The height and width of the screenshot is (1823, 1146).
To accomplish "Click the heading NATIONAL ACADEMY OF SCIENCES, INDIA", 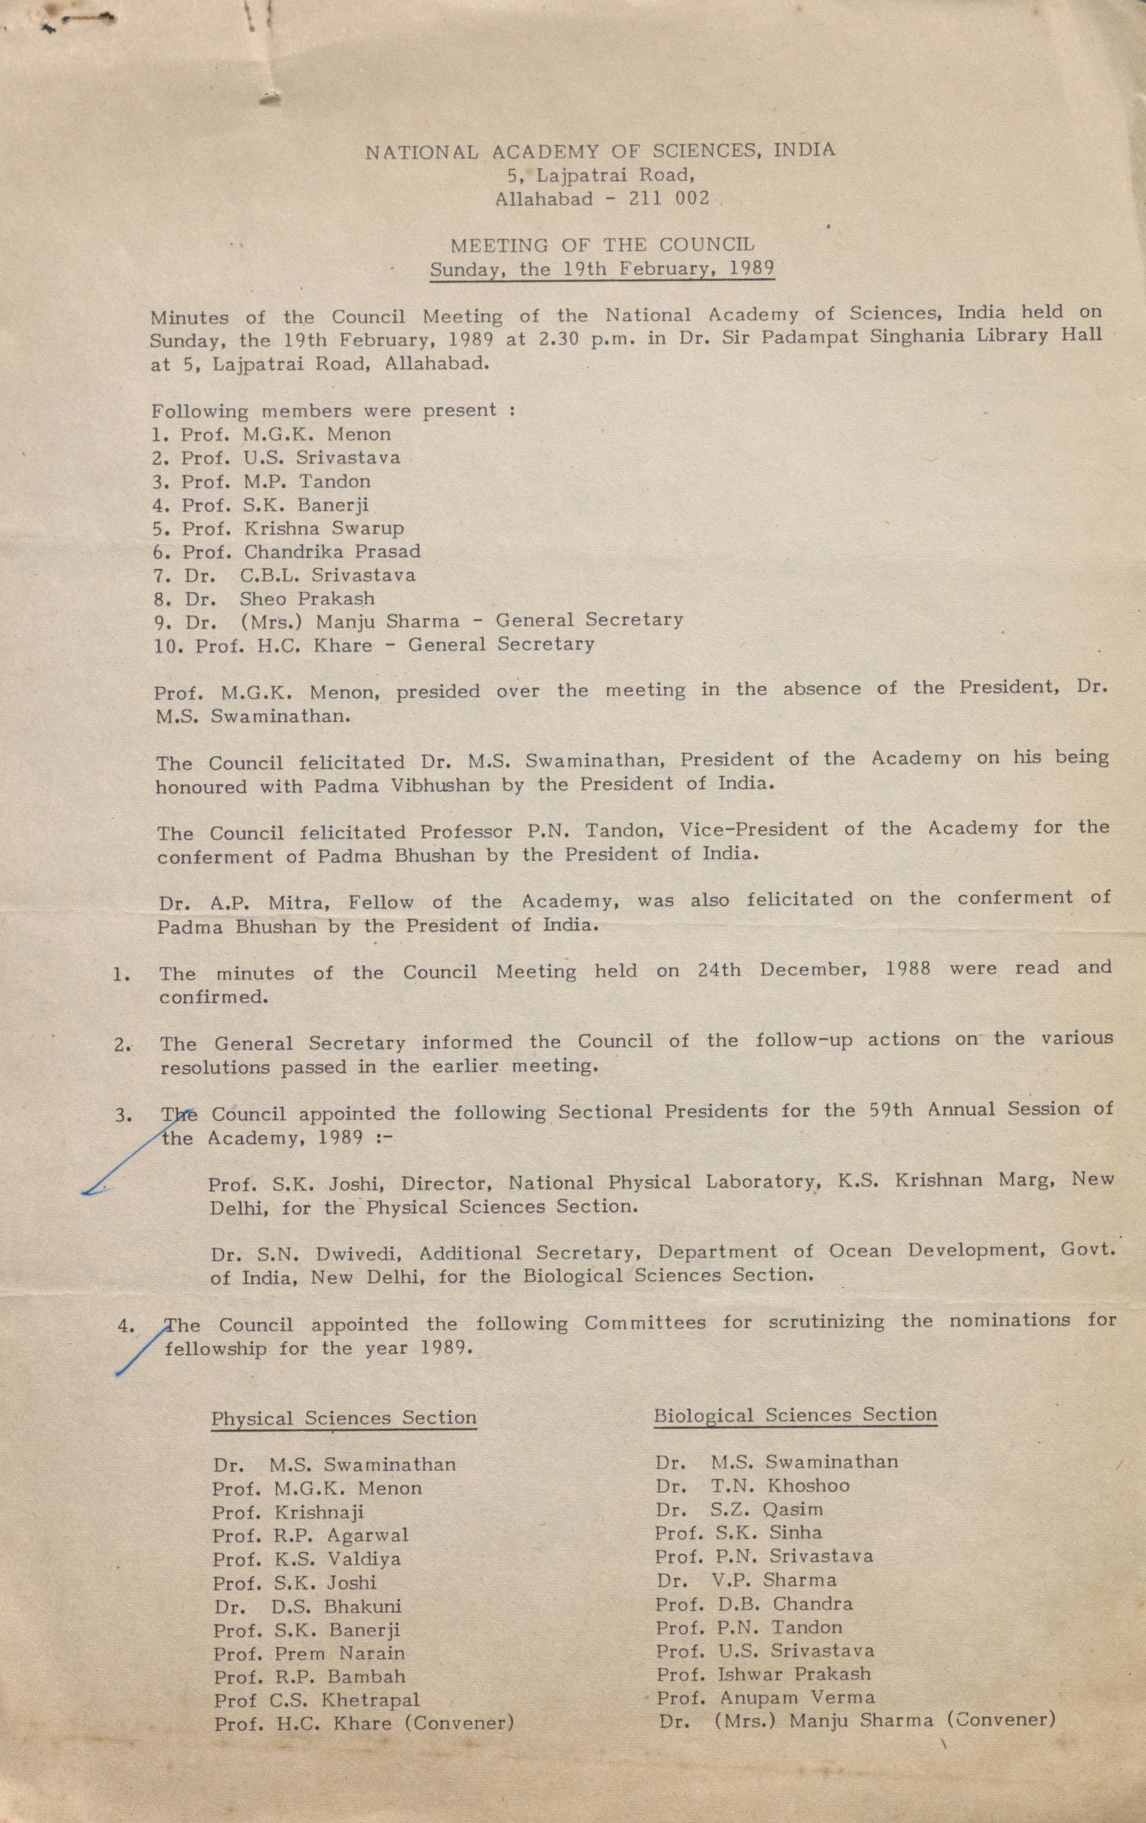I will (600, 151).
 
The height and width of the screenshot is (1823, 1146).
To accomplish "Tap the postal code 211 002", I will (668, 199).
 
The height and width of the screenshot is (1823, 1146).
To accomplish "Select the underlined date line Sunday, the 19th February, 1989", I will (602, 269).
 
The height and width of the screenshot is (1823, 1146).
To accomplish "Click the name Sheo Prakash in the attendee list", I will (307, 598).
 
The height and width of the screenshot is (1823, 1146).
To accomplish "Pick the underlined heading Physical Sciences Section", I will (344, 1418).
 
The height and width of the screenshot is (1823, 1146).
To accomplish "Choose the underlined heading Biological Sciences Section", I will (795, 1415).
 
